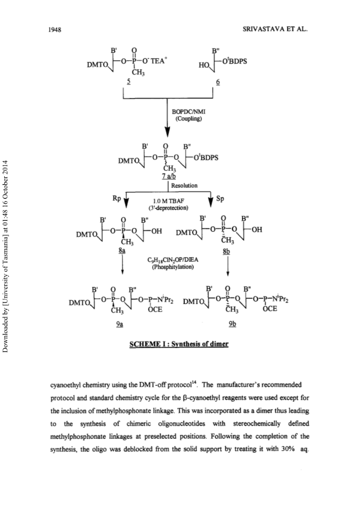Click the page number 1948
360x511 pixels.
click(x=55, y=30)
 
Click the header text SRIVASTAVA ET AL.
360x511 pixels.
click(x=275, y=29)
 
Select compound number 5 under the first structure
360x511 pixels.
click(x=129, y=82)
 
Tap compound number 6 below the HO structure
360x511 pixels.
click(x=218, y=82)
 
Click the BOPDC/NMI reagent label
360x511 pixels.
click(x=189, y=112)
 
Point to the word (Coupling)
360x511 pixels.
click(x=189, y=119)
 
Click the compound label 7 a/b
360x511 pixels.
click(x=169, y=176)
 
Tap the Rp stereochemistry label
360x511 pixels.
click(x=117, y=198)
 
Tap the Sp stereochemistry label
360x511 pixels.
click(x=220, y=198)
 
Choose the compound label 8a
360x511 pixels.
click(x=122, y=251)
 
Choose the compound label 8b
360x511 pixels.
click(x=226, y=252)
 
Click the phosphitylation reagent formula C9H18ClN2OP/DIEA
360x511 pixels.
click(x=173, y=260)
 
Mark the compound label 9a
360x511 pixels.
click(x=119, y=324)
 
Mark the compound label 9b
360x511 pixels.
click(x=232, y=324)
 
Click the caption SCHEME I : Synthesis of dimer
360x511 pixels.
click(x=179, y=344)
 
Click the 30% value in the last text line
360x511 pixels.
click(x=288, y=449)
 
